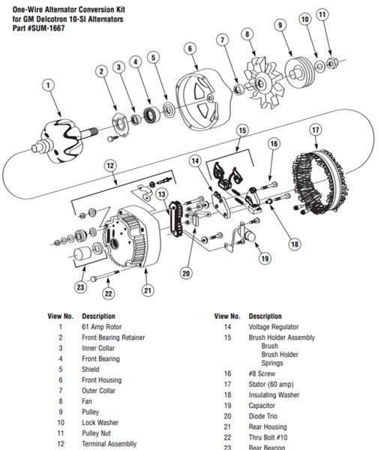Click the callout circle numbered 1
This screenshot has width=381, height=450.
tap(49, 86)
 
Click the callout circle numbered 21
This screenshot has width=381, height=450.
tap(148, 290)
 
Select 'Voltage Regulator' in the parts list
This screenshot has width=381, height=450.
tap(273, 327)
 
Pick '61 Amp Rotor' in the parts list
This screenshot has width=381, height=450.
tap(103, 327)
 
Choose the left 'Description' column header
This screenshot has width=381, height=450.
tap(98, 316)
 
